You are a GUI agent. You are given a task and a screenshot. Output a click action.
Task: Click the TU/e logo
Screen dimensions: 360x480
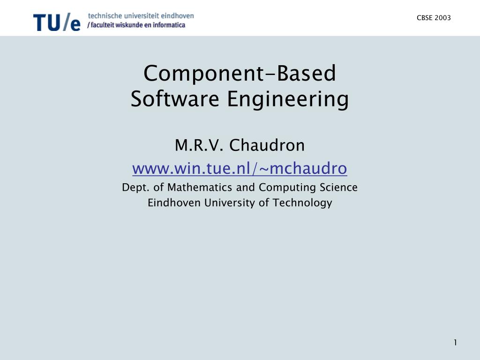(57, 22)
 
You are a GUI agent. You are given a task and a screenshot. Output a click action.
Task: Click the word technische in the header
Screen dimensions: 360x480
(103, 15)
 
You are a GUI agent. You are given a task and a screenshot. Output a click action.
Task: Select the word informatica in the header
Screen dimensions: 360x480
(168, 25)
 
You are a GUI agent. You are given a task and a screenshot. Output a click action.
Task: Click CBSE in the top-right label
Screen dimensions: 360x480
(425, 18)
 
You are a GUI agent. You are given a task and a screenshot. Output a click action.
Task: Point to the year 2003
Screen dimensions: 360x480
(443, 18)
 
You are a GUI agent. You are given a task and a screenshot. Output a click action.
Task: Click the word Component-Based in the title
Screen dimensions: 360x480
(240, 73)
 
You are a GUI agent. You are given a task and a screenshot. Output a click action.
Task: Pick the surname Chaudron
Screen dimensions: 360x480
(267, 146)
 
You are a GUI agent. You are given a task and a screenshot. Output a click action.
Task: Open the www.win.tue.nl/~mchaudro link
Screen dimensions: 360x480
(240, 167)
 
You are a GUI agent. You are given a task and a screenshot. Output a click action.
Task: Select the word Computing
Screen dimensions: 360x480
(288, 188)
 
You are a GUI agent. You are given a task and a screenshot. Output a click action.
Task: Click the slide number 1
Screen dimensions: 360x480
(455, 343)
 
